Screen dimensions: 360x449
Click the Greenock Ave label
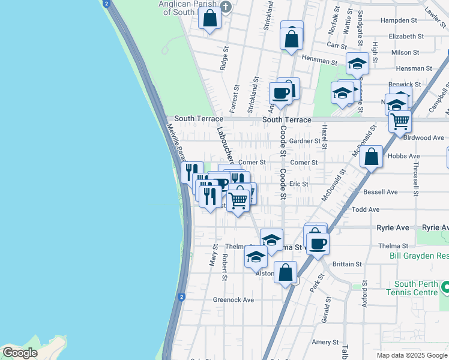pyautogui.click(x=234, y=299)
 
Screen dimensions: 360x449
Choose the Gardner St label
pyautogui.click(x=305, y=141)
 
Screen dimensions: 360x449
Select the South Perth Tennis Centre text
pyautogui.click(x=416, y=288)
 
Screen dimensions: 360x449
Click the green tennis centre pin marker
pyautogui.click(x=445, y=289)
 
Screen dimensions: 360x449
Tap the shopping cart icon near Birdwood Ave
pyautogui.click(x=399, y=122)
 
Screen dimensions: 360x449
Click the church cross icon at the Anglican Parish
pyautogui.click(x=226, y=7)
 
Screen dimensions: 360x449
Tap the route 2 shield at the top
pyautogui.click(x=106, y=4)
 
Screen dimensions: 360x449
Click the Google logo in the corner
pyautogui.click(x=20, y=352)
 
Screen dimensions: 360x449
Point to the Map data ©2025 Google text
pyautogui.click(x=411, y=355)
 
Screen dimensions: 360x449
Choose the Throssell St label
pyautogui.click(x=415, y=176)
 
